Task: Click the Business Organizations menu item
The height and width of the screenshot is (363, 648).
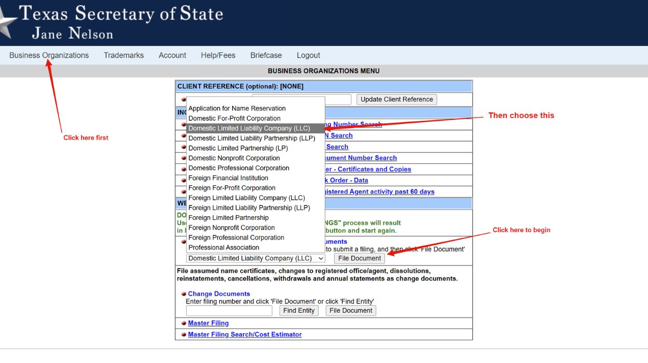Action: (49, 55)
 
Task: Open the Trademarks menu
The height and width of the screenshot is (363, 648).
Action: (123, 55)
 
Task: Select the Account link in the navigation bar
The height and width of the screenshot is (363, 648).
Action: (172, 55)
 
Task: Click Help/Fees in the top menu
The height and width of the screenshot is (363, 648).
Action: (218, 55)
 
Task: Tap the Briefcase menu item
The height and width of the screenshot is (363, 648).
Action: (266, 55)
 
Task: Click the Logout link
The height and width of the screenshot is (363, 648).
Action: (308, 55)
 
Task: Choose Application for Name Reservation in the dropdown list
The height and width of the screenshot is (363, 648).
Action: (237, 108)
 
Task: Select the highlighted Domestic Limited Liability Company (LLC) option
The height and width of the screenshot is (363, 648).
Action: (249, 128)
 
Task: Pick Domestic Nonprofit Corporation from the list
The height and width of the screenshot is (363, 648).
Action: (234, 158)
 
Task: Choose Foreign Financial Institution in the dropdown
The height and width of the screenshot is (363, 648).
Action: (228, 178)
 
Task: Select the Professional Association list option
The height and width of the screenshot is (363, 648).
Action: (223, 247)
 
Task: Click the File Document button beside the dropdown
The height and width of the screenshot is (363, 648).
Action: (359, 258)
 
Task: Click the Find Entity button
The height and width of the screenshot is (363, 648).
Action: (299, 311)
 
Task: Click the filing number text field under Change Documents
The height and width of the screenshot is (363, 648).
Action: (229, 311)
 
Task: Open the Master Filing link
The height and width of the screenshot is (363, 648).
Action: (208, 323)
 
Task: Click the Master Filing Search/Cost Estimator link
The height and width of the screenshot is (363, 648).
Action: (245, 334)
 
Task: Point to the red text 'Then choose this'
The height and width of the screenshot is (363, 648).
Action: (521, 116)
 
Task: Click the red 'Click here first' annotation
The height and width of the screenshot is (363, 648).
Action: (86, 138)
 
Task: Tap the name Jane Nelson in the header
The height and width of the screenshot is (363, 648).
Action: (73, 34)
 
